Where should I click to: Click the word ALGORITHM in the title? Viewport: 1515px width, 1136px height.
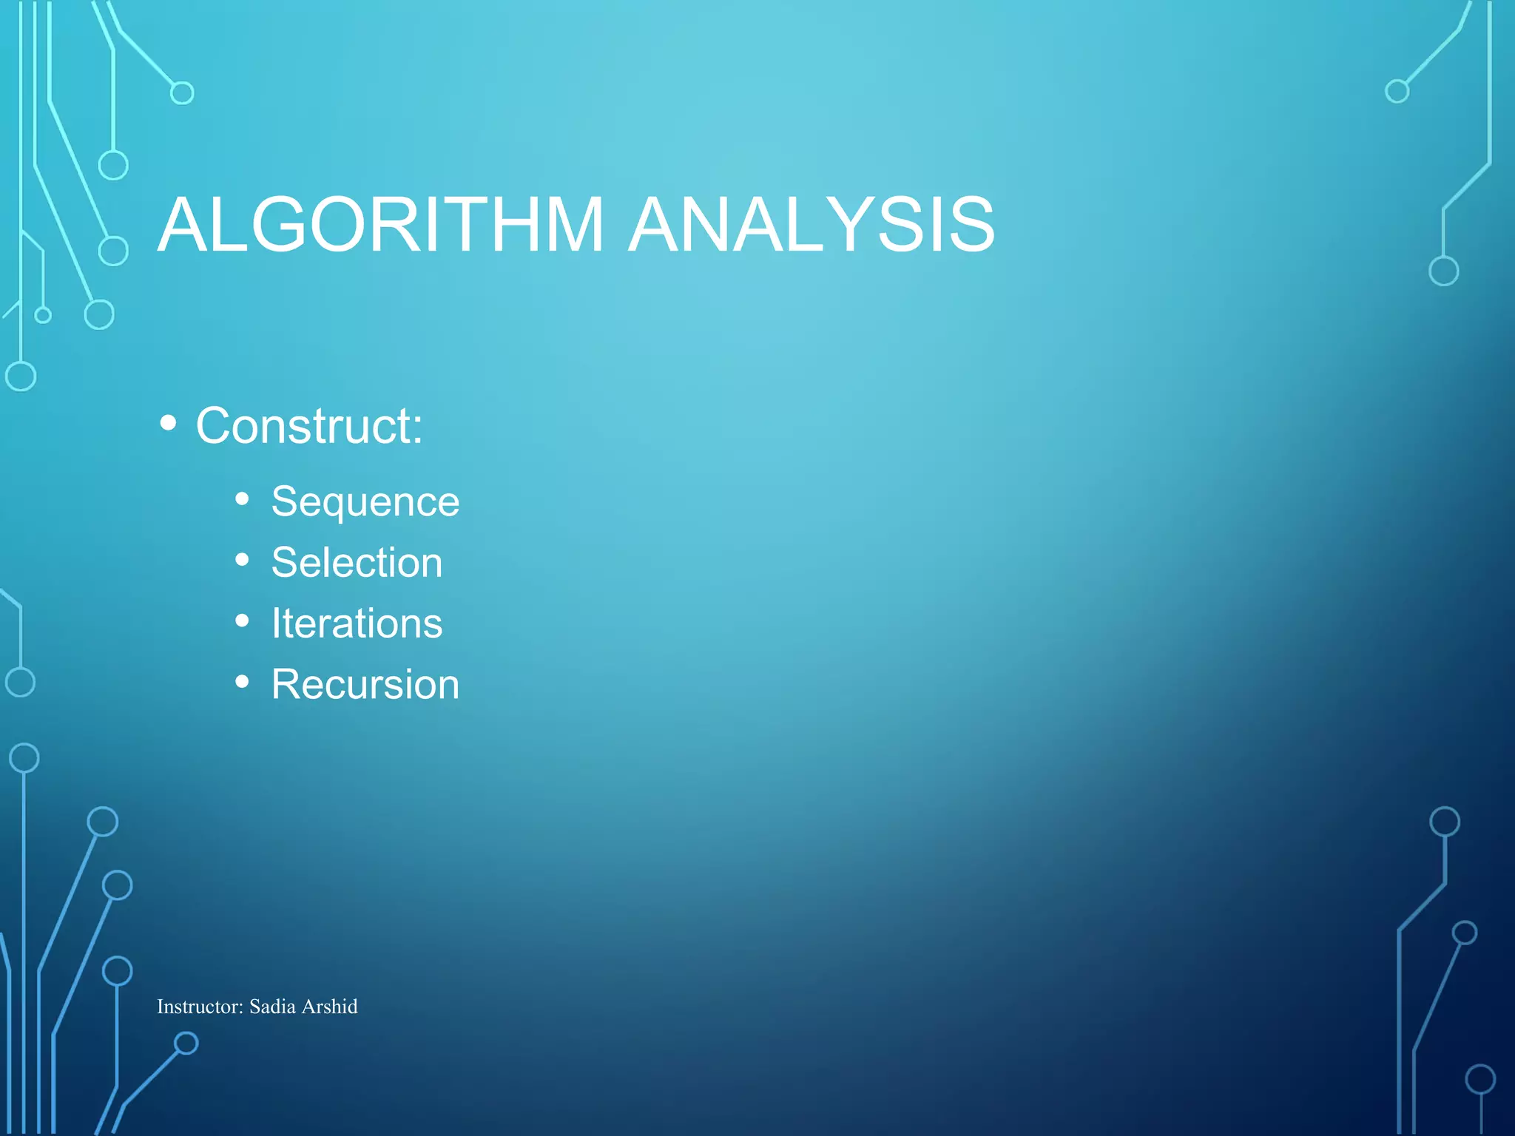pyautogui.click(x=380, y=225)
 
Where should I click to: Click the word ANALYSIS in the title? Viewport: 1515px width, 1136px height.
pyautogui.click(x=811, y=225)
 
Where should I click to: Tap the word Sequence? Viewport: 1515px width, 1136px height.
pyautogui.click(x=365, y=503)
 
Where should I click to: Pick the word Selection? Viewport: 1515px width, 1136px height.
pyautogui.click(x=357, y=563)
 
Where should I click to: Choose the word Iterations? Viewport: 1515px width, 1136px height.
pyautogui.click(x=357, y=623)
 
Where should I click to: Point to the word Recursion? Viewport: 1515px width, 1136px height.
pyautogui.click(x=365, y=684)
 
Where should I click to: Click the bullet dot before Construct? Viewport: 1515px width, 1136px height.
pyautogui.click(x=169, y=424)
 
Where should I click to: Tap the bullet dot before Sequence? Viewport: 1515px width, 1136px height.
pyautogui.click(x=242, y=499)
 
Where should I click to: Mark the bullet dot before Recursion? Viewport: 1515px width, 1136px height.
pyautogui.click(x=242, y=681)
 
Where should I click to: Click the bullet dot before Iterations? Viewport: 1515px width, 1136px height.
pyautogui.click(x=242, y=621)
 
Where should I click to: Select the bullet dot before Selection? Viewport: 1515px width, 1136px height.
pyautogui.click(x=242, y=560)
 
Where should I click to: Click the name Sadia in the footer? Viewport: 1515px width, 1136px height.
pyautogui.click(x=272, y=1007)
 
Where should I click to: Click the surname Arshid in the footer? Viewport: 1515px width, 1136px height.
pyautogui.click(x=329, y=1007)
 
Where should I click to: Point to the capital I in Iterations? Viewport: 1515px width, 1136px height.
pyautogui.click(x=276, y=623)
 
